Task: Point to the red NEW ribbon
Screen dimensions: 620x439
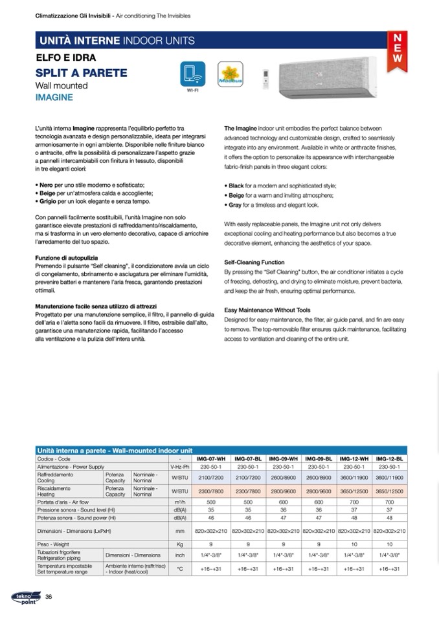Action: click(x=397, y=47)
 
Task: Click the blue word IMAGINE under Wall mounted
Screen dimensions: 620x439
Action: click(x=54, y=98)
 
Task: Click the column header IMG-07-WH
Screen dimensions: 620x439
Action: click(x=211, y=458)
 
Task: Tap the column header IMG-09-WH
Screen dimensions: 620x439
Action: click(x=282, y=458)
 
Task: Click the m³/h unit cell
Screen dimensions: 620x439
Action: click(x=180, y=502)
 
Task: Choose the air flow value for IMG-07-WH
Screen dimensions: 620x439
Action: click(x=211, y=502)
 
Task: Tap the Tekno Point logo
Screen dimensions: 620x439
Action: click(x=25, y=596)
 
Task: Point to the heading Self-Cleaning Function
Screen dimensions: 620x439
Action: click(x=254, y=262)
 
